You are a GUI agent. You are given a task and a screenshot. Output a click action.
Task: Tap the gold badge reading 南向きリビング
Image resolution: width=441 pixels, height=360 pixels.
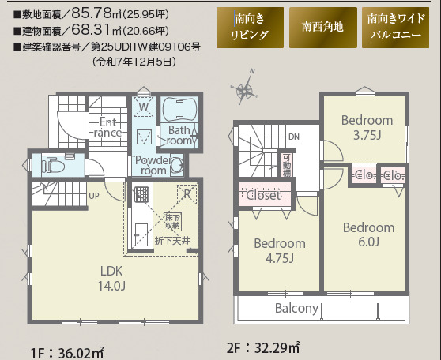[x=250, y=27]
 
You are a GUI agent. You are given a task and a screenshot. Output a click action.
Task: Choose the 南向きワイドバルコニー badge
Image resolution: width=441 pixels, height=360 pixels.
[x=394, y=27]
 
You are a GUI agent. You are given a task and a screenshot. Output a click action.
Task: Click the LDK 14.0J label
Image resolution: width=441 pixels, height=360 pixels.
[x=111, y=277]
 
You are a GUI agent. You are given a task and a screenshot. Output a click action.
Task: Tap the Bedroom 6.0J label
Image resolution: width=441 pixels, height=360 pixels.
[x=367, y=234]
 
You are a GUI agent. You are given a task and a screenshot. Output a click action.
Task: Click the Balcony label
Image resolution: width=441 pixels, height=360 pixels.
[x=296, y=308]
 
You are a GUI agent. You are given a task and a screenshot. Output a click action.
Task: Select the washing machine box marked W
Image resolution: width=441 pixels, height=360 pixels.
[x=144, y=107]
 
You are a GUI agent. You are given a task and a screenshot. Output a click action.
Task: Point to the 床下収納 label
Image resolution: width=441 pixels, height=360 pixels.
[x=173, y=222]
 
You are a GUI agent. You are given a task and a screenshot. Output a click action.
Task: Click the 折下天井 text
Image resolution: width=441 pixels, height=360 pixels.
[x=175, y=238]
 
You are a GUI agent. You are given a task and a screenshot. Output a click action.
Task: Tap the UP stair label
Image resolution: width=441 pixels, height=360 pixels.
[x=93, y=196]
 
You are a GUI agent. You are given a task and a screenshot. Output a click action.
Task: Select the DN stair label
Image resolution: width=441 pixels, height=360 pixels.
[x=294, y=137]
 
